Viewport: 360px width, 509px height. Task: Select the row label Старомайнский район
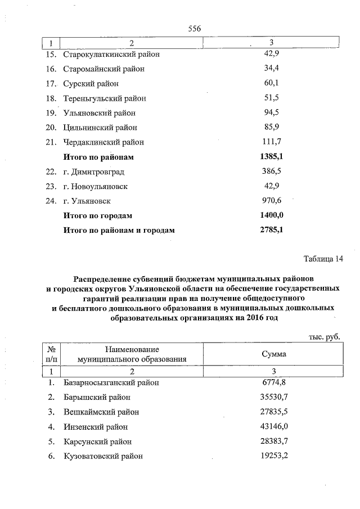tap(103, 69)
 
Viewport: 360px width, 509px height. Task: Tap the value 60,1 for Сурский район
tap(272, 83)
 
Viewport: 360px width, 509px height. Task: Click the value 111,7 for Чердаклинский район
tap(272, 142)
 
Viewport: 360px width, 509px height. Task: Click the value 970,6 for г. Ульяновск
tap(272, 201)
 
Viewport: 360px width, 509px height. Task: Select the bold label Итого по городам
tap(98, 215)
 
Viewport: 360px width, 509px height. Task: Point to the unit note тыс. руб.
tap(325, 336)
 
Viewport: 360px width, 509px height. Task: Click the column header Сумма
tap(274, 354)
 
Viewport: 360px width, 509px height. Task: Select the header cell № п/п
tap(51, 354)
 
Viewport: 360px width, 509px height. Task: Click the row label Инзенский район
tap(96, 427)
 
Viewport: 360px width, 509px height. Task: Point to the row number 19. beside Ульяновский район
tap(51, 112)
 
